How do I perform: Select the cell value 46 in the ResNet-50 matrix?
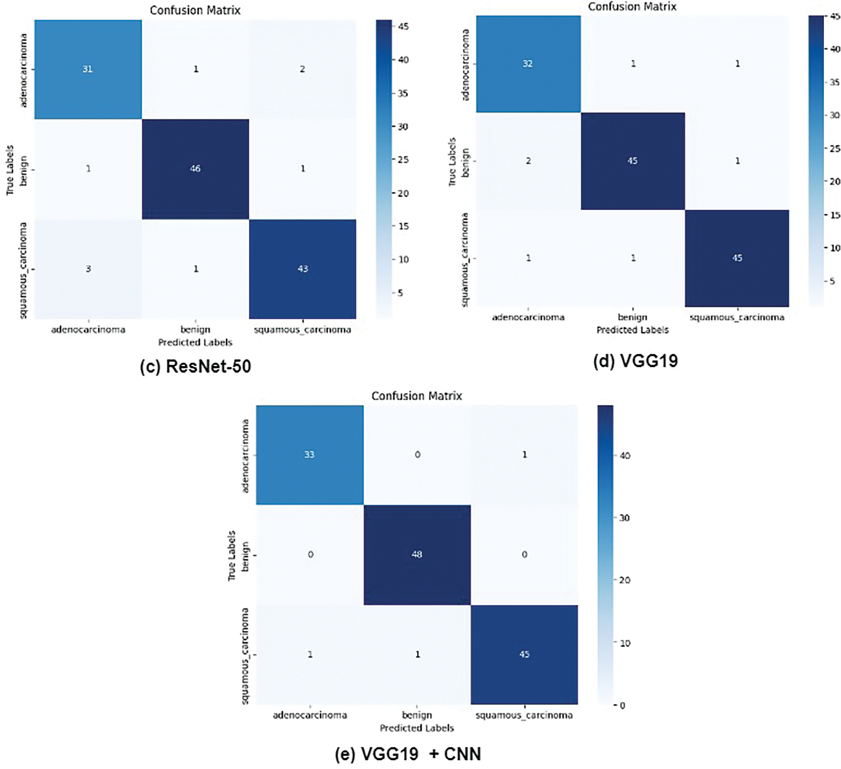195,168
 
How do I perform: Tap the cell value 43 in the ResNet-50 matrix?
303,269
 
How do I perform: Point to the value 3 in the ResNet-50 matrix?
88,269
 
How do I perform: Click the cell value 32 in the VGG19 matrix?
528,63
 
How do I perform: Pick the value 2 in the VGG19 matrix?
528,161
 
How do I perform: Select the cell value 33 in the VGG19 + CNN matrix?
309,454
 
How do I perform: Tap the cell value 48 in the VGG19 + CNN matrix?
417,554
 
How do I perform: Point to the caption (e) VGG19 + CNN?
408,754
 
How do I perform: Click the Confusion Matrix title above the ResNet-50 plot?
195,10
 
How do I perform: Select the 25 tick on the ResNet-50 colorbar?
402,160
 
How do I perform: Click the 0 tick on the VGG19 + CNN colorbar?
622,706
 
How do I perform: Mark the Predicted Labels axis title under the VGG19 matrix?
632,330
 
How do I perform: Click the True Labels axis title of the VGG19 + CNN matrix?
232,555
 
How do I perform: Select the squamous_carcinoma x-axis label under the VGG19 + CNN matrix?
524,715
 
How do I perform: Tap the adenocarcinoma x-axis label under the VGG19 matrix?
528,317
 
